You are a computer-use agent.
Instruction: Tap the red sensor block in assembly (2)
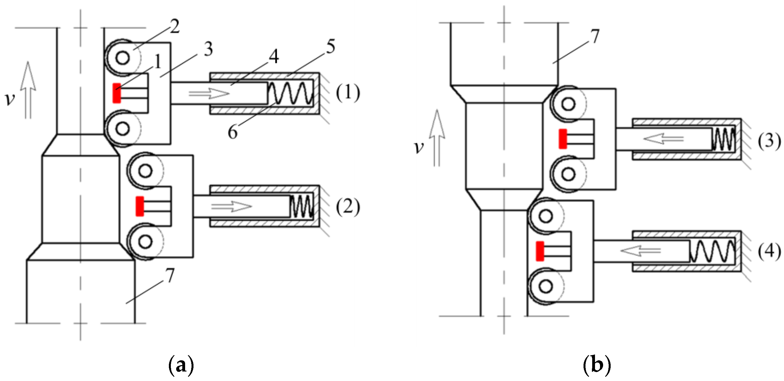click(x=140, y=206)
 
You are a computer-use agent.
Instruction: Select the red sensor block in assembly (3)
click(x=563, y=139)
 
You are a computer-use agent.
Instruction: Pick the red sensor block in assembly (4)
click(x=540, y=251)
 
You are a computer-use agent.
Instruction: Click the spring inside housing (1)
click(x=290, y=93)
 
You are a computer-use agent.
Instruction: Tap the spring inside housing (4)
click(x=712, y=251)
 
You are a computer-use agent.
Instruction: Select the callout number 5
click(x=330, y=47)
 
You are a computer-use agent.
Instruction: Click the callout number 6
click(x=233, y=132)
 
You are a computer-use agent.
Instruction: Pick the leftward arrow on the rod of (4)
click(x=640, y=251)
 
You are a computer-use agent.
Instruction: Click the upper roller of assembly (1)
click(x=122, y=58)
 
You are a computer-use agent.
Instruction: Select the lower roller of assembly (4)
click(x=546, y=286)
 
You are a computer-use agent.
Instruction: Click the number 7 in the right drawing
click(x=595, y=36)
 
